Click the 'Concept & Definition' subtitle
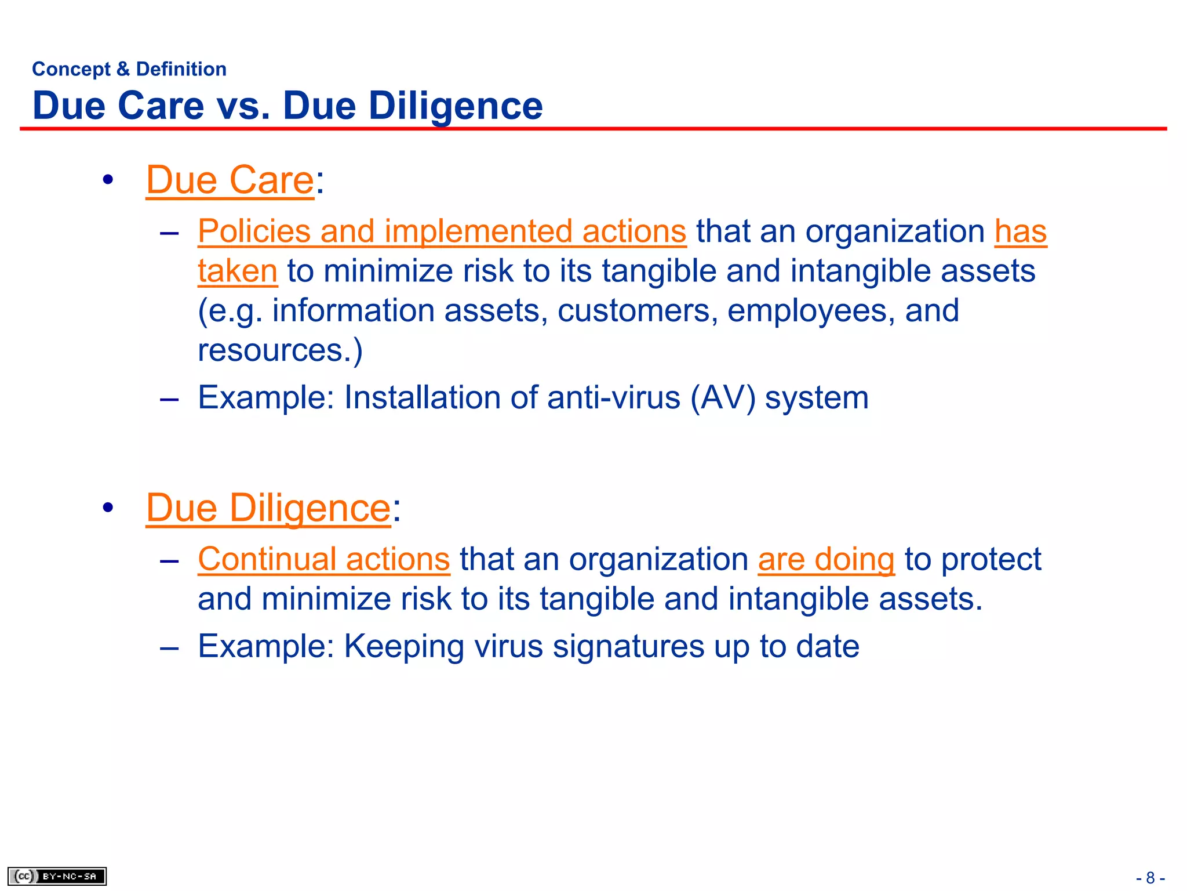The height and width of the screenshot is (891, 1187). [129, 69]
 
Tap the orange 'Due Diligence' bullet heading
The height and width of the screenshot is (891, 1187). [268, 508]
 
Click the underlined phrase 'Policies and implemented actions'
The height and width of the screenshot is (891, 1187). [442, 231]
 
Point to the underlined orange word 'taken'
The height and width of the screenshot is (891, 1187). [238, 271]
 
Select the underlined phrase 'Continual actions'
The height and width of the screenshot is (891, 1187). [324, 559]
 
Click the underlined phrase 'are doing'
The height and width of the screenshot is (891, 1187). [826, 559]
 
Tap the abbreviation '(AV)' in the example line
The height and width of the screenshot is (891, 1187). [723, 398]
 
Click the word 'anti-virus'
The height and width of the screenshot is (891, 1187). [614, 398]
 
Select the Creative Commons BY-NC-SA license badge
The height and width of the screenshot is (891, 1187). [57, 876]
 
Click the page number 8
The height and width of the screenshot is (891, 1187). [1150, 878]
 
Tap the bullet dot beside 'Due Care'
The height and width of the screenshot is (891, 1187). [108, 180]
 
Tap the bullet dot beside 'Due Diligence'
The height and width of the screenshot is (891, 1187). [108, 508]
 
